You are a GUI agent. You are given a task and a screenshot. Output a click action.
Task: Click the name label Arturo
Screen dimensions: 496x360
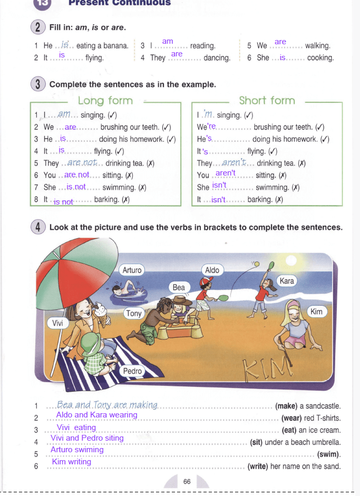click(132, 270)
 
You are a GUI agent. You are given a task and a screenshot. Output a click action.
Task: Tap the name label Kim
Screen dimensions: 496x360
click(316, 312)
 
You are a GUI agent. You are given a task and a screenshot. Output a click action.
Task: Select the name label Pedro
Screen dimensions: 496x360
click(132, 371)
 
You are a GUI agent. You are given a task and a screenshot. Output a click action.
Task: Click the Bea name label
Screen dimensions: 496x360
click(179, 287)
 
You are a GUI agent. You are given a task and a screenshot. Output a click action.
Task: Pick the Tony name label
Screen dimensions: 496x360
click(134, 313)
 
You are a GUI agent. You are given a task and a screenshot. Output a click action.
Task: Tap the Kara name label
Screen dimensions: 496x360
click(287, 280)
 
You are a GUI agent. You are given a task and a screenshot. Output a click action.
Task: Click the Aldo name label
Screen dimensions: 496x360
click(212, 270)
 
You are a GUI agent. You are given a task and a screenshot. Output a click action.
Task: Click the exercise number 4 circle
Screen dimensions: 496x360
click(38, 227)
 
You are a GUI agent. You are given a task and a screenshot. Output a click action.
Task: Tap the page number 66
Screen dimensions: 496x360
click(187, 481)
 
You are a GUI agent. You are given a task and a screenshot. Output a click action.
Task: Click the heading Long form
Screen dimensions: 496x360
click(105, 100)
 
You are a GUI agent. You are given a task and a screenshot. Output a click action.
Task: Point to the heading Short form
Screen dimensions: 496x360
click(268, 100)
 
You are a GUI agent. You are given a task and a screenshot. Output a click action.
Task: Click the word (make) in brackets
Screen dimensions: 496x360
click(286, 406)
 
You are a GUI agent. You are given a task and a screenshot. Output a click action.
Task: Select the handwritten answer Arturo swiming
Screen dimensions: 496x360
click(77, 450)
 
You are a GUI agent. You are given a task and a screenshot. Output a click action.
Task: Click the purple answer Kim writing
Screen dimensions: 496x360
click(71, 462)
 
